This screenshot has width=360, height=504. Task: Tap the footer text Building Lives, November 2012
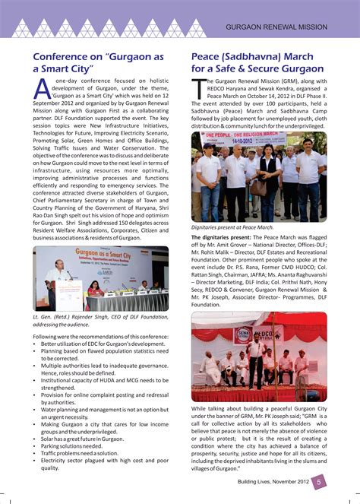(x=271, y=481)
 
